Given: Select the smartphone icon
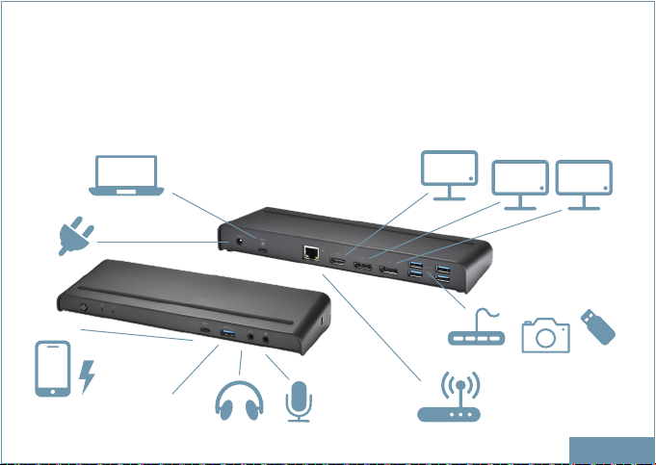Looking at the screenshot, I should point(53,367).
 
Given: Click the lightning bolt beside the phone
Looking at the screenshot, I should point(89,375).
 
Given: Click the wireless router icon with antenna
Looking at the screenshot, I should point(449,397).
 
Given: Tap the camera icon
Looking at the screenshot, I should point(545,333).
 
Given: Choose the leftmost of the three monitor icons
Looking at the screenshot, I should point(449,175).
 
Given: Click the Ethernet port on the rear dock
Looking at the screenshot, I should point(312,254).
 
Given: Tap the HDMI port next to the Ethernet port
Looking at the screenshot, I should point(340,262).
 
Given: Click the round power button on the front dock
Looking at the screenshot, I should point(84,310).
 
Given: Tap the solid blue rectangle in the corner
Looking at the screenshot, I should point(612,449).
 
